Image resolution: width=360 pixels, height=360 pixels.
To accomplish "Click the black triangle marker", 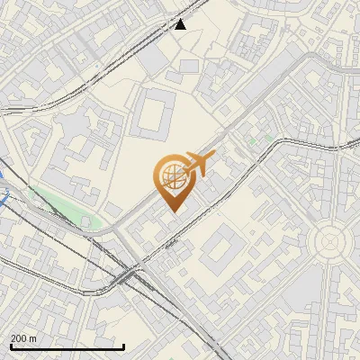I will click(181, 24).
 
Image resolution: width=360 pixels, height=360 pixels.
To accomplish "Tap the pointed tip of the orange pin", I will click(172, 211).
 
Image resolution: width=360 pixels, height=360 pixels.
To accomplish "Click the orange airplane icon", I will click(196, 164).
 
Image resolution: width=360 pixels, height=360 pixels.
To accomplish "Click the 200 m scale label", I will click(23, 338).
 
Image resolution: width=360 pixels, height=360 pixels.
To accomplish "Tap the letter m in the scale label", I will click(32, 338).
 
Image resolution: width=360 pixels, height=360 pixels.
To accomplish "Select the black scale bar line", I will click(67, 346).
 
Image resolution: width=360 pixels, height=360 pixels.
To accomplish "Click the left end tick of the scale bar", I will click(10, 346).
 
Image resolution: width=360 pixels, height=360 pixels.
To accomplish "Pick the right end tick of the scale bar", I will click(123, 346).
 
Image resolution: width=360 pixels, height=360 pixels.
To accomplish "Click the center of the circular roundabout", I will click(328, 241).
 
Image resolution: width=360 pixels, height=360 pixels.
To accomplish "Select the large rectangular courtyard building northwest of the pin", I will click(156, 114).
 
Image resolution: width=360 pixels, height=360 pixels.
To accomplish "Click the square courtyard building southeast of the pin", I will click(220, 252).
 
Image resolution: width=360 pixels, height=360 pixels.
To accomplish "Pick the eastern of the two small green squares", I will click(268, 137).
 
